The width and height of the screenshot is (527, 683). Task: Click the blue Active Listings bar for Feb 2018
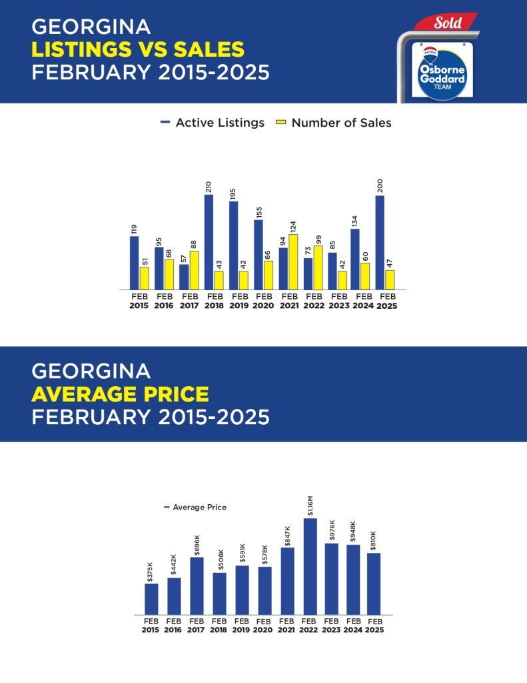(x=209, y=242)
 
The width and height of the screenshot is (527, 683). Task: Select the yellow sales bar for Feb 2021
(x=293, y=261)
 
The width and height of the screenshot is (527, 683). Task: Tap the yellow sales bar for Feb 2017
(x=194, y=270)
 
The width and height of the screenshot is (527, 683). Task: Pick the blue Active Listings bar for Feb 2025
(x=380, y=243)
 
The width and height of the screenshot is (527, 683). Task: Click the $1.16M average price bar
(x=310, y=566)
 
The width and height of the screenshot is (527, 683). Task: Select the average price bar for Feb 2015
(x=151, y=599)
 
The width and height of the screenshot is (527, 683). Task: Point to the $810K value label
(x=373, y=541)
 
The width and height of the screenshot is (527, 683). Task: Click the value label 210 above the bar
(x=209, y=187)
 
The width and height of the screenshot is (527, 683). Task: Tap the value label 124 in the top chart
(x=293, y=227)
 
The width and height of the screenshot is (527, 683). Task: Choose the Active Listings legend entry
(x=213, y=123)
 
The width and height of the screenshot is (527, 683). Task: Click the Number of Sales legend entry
(x=334, y=123)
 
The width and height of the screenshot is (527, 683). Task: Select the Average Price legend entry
(x=195, y=508)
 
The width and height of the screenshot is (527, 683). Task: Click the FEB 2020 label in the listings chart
(x=264, y=301)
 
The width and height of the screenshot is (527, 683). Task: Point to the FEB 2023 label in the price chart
(x=331, y=626)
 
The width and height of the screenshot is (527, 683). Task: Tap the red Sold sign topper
(x=446, y=22)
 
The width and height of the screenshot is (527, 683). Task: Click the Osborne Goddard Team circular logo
(x=442, y=74)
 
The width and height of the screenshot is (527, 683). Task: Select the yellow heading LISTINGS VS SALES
(x=138, y=49)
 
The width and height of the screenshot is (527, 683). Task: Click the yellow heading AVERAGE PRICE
(x=120, y=394)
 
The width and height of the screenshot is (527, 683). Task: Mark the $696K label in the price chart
(x=197, y=545)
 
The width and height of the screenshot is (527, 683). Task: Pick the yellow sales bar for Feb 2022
(x=318, y=267)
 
